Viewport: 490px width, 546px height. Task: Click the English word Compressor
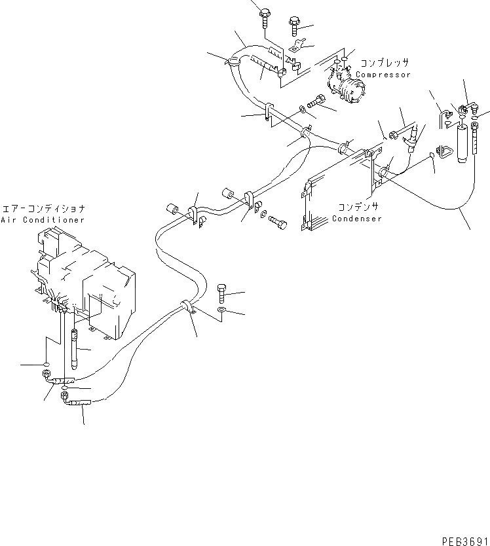point(383,75)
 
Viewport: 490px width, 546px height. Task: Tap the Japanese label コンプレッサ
point(385,64)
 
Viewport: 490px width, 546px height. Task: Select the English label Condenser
point(356,219)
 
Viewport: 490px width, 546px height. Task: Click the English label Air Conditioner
point(43,220)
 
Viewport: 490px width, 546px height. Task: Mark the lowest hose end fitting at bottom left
point(79,406)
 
